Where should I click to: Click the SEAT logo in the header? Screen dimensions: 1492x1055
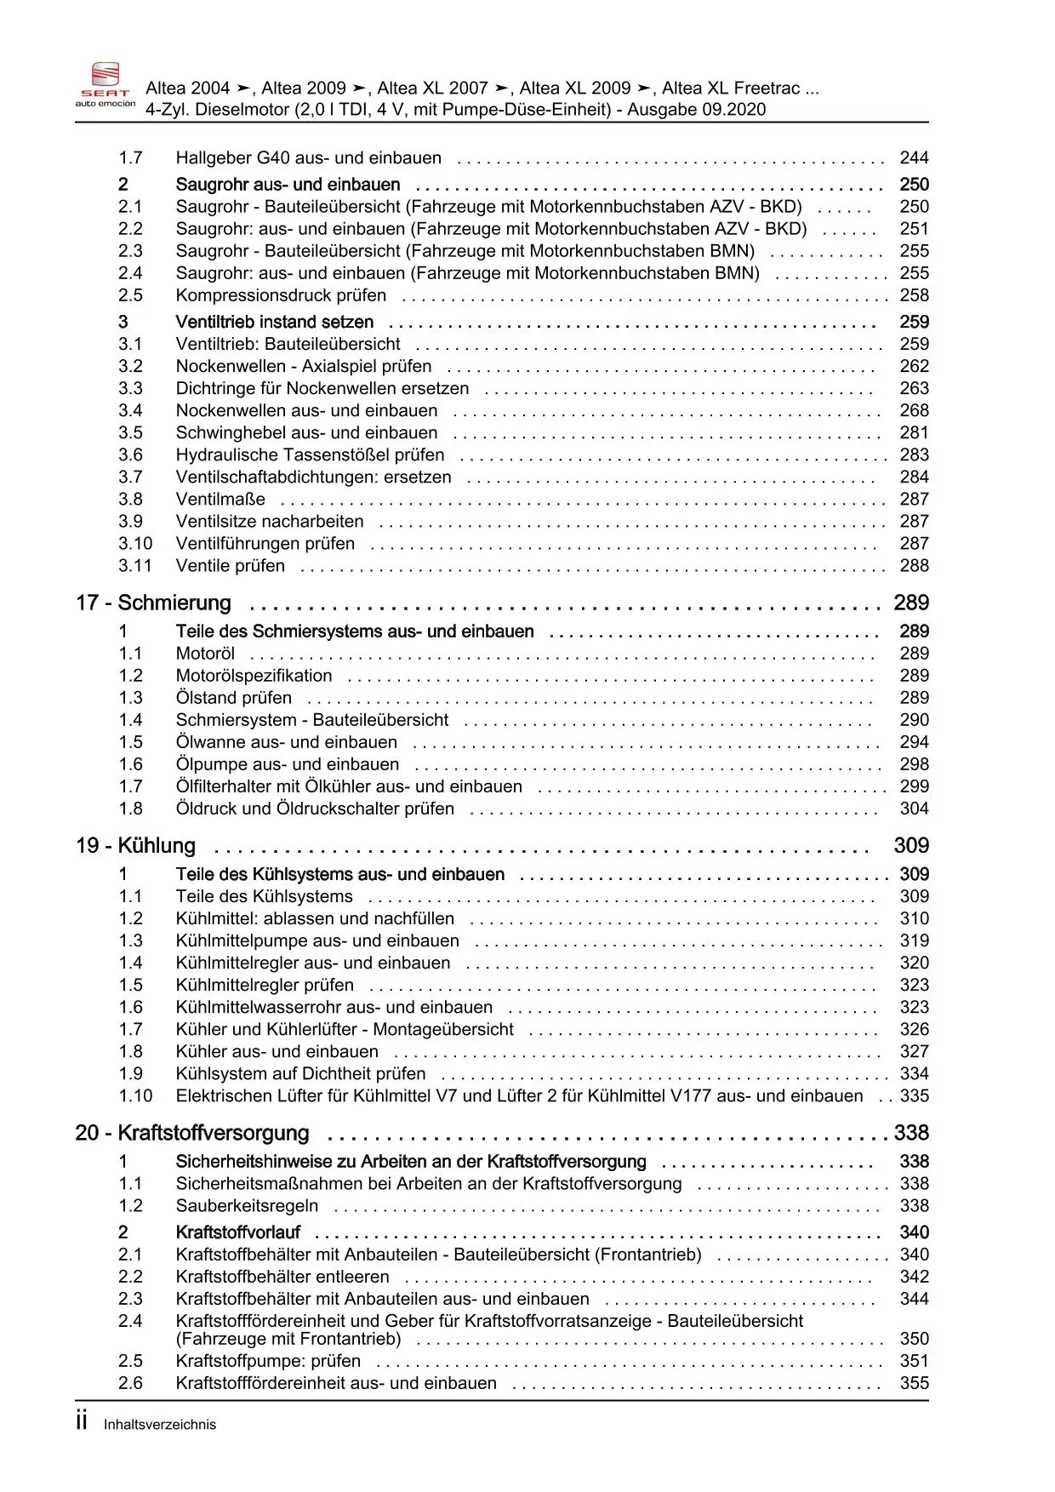105,84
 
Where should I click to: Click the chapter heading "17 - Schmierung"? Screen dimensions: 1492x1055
154,603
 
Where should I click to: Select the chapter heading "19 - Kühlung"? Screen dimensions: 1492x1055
136,845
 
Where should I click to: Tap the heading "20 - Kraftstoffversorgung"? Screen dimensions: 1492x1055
192,1133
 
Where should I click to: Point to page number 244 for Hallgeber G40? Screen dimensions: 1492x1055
914,157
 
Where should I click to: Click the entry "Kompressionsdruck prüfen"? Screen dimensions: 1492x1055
281,295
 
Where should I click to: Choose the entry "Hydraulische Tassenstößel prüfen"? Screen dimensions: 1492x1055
310,454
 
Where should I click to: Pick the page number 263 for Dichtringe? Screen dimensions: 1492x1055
914,388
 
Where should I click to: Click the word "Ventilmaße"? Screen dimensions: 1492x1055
220,499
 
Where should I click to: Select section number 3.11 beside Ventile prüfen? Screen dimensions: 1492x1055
135,565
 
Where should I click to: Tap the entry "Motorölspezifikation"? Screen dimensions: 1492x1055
254,675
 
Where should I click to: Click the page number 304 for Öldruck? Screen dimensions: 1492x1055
914,809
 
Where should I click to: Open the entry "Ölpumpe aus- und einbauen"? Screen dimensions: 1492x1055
287,764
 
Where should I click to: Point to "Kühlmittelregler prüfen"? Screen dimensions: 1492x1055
265,985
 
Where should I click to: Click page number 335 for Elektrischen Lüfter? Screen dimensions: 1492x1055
914,1095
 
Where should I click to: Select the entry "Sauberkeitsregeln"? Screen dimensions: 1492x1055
247,1205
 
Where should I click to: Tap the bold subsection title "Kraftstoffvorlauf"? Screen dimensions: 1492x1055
238,1232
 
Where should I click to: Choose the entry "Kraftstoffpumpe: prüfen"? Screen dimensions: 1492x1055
268,1361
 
